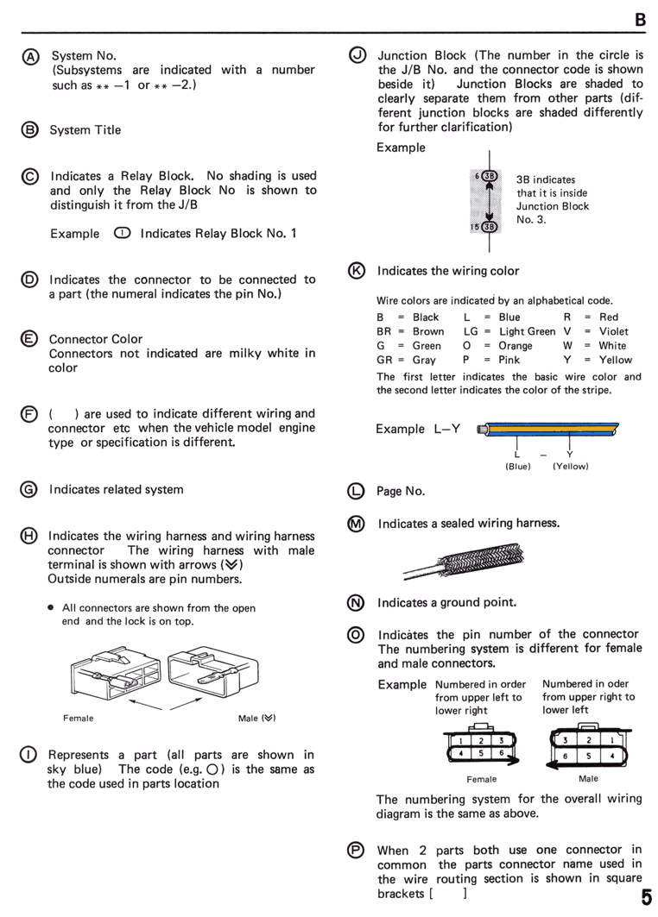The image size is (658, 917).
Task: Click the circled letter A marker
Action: click(30, 57)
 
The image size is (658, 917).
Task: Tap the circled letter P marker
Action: click(356, 850)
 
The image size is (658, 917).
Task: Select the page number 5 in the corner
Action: click(646, 897)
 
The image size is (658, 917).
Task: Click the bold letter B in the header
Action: click(641, 20)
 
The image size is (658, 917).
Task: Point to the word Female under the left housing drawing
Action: click(79, 719)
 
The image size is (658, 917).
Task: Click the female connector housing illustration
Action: click(116, 673)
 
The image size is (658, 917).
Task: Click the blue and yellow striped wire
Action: click(548, 430)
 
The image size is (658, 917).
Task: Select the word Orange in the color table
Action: click(516, 346)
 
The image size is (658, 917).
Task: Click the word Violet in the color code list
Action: click(613, 331)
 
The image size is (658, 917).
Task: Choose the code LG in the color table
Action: click(471, 331)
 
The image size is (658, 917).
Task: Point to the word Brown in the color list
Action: click(428, 331)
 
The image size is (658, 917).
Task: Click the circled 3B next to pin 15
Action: click(490, 226)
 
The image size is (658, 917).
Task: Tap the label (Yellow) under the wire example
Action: click(571, 466)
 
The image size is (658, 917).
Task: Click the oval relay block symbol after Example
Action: click(123, 233)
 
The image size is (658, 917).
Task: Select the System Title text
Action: click(85, 130)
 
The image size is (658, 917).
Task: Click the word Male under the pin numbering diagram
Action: click(588, 778)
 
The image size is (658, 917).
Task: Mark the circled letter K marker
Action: click(357, 271)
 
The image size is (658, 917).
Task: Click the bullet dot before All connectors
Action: click(51, 607)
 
